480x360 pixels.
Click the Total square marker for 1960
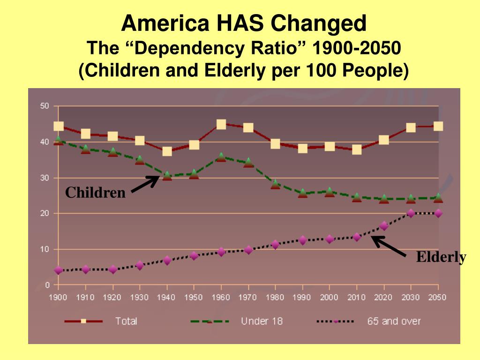click(221, 124)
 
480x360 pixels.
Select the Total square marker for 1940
click(167, 151)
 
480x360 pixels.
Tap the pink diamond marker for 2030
click(411, 213)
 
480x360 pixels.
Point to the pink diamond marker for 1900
click(58, 270)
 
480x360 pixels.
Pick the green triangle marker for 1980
click(275, 184)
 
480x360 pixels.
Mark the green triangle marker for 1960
click(221, 157)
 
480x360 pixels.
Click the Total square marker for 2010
click(357, 150)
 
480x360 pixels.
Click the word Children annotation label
click(95, 193)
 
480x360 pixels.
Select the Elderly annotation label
click(441, 257)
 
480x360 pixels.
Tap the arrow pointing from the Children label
click(145, 184)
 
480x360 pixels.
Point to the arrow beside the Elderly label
click(389, 246)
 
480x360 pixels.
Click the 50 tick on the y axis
click(44, 106)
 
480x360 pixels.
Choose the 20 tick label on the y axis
click(44, 213)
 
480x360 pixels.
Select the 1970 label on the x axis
click(248, 297)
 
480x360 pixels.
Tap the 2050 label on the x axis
click(438, 297)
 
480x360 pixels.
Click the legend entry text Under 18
click(262, 321)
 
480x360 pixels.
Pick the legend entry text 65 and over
click(394, 321)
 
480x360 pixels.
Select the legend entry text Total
click(126, 321)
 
